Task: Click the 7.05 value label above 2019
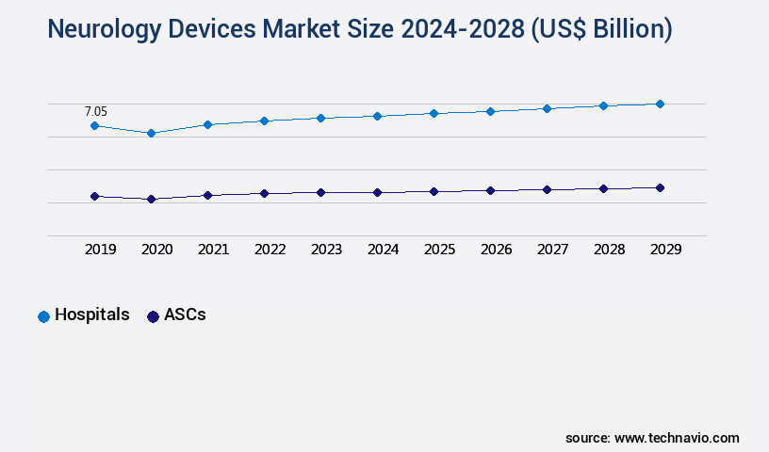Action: coord(96,111)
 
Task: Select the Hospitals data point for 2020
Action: coord(151,133)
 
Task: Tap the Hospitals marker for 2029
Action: coord(660,104)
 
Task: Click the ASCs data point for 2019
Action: coord(94,196)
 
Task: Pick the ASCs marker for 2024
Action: coord(377,192)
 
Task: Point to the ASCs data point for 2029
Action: coord(660,187)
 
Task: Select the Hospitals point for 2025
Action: coord(434,113)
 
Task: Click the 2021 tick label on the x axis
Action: coord(213,250)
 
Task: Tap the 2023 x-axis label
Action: coord(326,250)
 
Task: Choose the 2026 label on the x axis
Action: coord(496,250)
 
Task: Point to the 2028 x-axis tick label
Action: coord(609,250)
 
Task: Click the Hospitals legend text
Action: coord(91,315)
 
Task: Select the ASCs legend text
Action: coord(185,315)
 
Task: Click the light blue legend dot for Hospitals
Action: coord(43,316)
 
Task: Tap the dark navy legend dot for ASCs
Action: coord(153,316)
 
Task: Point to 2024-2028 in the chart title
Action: coord(449,30)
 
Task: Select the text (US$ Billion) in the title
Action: coord(601,30)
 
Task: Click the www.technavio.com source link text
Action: coord(677,438)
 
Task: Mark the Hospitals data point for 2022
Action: coord(264,121)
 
